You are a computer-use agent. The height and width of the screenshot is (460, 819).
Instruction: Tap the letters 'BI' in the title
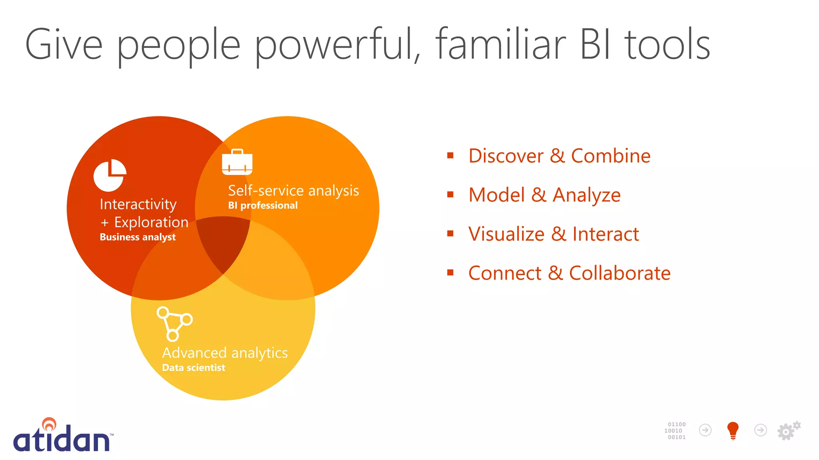[595, 45]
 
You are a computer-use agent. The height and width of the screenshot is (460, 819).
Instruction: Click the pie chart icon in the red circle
[110, 175]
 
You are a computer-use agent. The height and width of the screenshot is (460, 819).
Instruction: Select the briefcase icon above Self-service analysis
[237, 162]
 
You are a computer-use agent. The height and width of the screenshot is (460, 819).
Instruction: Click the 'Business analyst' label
[138, 237]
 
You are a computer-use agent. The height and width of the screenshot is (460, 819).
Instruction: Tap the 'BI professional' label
[263, 206]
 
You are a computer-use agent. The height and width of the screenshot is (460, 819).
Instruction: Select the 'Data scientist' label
[194, 368]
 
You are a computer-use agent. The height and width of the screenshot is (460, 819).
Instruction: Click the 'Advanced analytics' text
[225, 353]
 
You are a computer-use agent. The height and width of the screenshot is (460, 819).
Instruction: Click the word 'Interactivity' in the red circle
[138, 204]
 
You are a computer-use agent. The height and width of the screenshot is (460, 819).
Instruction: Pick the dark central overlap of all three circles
[222, 242]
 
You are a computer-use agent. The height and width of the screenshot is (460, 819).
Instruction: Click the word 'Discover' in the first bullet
[506, 156]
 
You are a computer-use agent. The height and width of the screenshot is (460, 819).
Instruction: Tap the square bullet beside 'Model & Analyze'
[450, 195]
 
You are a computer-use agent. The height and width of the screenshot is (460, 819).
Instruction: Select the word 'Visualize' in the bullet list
[506, 234]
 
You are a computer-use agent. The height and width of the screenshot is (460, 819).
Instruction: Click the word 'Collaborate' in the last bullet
[619, 274]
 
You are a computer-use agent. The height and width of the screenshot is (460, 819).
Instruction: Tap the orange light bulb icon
[733, 430]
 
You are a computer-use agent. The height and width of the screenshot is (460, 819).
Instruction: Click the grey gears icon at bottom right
[788, 430]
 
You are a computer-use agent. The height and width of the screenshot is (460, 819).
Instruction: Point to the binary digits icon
[675, 431]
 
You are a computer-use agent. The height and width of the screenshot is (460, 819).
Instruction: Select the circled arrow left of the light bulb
[705, 430]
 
